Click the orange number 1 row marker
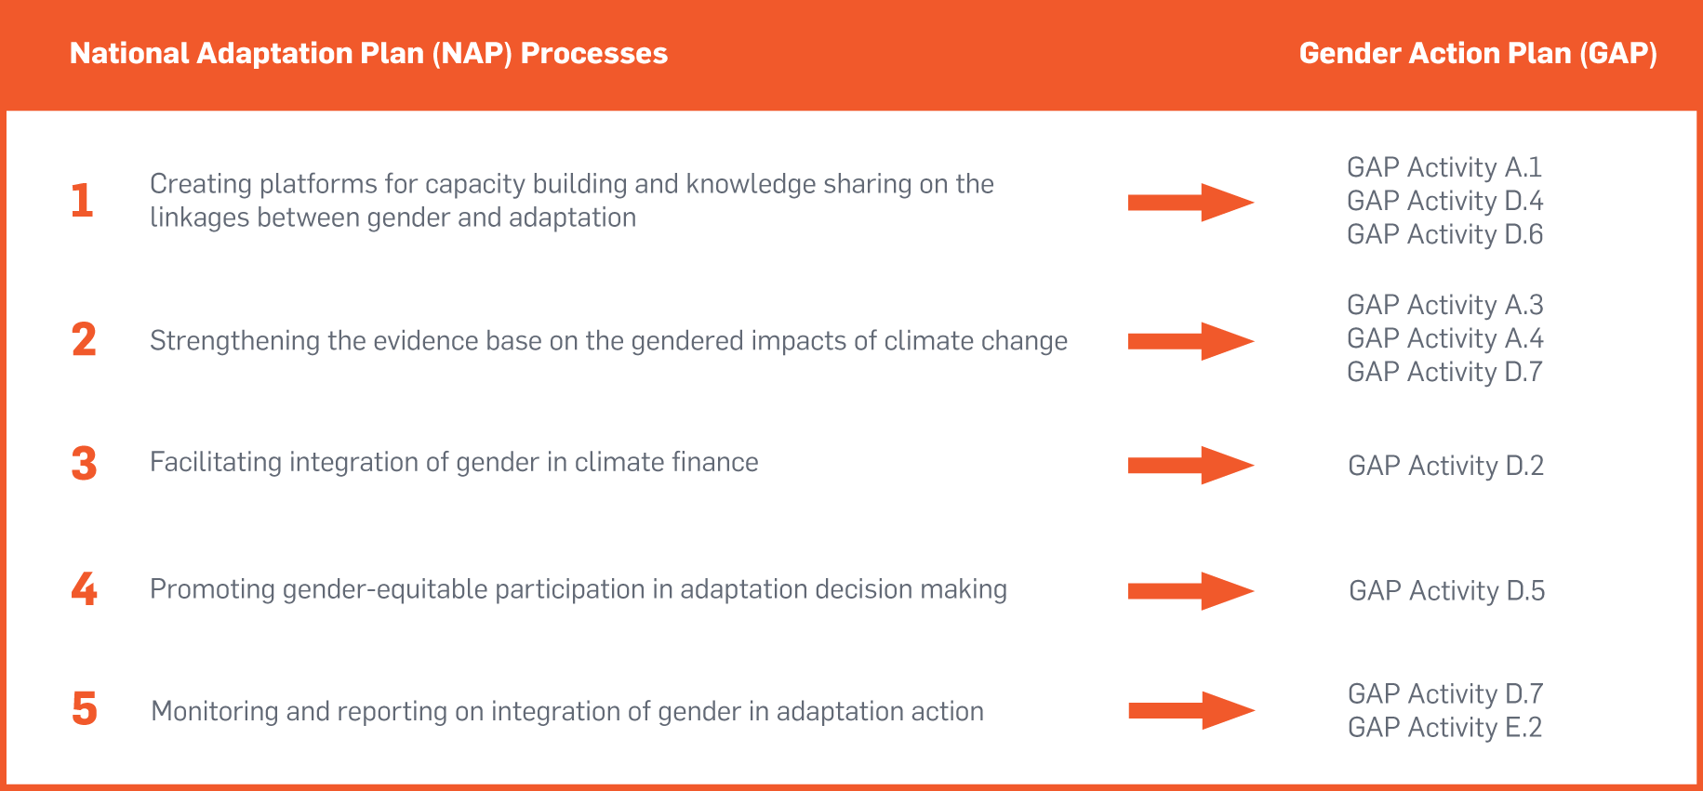(x=83, y=200)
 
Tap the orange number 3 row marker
(x=84, y=463)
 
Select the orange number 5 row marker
(x=85, y=708)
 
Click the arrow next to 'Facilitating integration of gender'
(x=1191, y=465)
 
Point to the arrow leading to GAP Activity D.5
(x=1191, y=591)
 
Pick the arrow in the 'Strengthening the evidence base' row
(x=1191, y=341)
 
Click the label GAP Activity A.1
(x=1444, y=167)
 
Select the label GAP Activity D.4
(x=1445, y=201)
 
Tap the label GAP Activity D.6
(x=1445, y=234)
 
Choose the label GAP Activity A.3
(x=1445, y=305)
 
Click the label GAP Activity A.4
(x=1445, y=338)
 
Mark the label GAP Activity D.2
(x=1446, y=466)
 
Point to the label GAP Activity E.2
(x=1445, y=727)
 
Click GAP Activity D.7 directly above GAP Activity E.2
(x=1445, y=693)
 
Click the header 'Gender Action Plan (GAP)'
(x=1478, y=54)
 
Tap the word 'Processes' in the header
(x=594, y=54)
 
